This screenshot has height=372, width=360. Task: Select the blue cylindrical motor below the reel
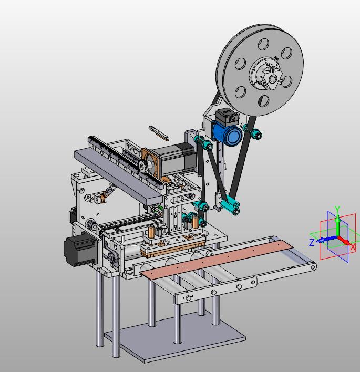pos(227,132)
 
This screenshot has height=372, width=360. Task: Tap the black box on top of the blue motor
pos(227,116)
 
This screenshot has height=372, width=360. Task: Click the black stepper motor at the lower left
pos(80,249)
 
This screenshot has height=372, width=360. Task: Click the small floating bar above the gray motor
pos(159,133)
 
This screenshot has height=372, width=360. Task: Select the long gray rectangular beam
pos(119,177)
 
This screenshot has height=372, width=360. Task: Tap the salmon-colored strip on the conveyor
pos(217,259)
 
